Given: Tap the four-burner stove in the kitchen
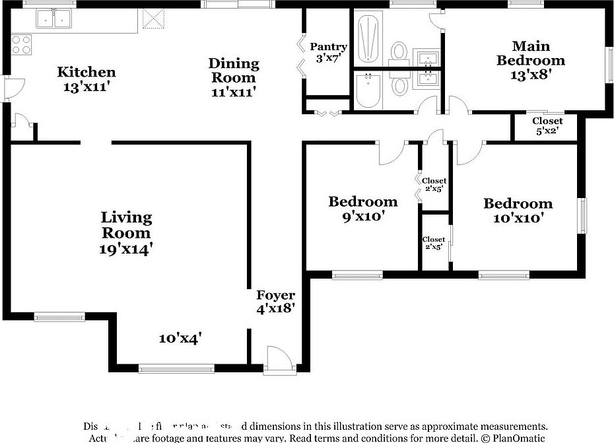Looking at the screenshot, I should pyautogui.click(x=21, y=44).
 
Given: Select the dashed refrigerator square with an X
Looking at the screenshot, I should pyautogui.click(x=153, y=20).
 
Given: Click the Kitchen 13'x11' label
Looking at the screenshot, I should pyautogui.click(x=86, y=79).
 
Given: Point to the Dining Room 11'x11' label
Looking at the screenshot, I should pyautogui.click(x=234, y=77).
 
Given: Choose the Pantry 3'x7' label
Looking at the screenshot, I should pyautogui.click(x=328, y=52).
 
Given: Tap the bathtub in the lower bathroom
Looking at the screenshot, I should pyautogui.click(x=369, y=90).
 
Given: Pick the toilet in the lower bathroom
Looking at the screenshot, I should pyautogui.click(x=399, y=85).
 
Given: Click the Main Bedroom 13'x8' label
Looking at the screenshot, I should pyautogui.click(x=531, y=60).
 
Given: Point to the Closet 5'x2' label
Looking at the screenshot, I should pyautogui.click(x=547, y=125).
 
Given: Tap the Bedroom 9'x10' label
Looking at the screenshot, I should pyautogui.click(x=362, y=208).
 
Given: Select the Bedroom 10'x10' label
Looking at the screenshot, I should pyautogui.click(x=517, y=210).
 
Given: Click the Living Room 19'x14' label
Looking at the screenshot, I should pyautogui.click(x=126, y=232).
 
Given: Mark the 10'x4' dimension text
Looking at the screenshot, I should pyautogui.click(x=180, y=339).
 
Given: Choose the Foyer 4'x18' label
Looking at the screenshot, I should pyautogui.click(x=275, y=301).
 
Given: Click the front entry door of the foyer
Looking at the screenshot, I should pyautogui.click(x=277, y=360).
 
